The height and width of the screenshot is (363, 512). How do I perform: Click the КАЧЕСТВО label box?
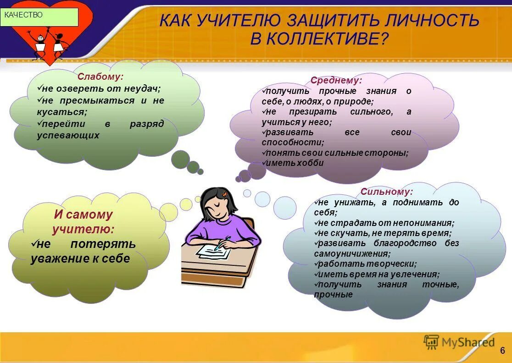[39, 17]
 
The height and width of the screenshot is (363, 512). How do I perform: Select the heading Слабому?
[100, 77]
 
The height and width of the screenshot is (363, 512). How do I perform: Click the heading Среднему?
[336, 80]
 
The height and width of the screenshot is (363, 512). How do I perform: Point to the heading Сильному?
[387, 192]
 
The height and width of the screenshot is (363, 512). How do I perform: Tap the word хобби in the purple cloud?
[312, 163]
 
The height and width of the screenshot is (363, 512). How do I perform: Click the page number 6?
[502, 351]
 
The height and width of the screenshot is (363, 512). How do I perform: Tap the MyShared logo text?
[468, 342]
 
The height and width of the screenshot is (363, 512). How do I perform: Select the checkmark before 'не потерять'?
[33, 243]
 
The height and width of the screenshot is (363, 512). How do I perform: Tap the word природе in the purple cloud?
[356, 102]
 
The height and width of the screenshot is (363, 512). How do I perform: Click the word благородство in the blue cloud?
[409, 243]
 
